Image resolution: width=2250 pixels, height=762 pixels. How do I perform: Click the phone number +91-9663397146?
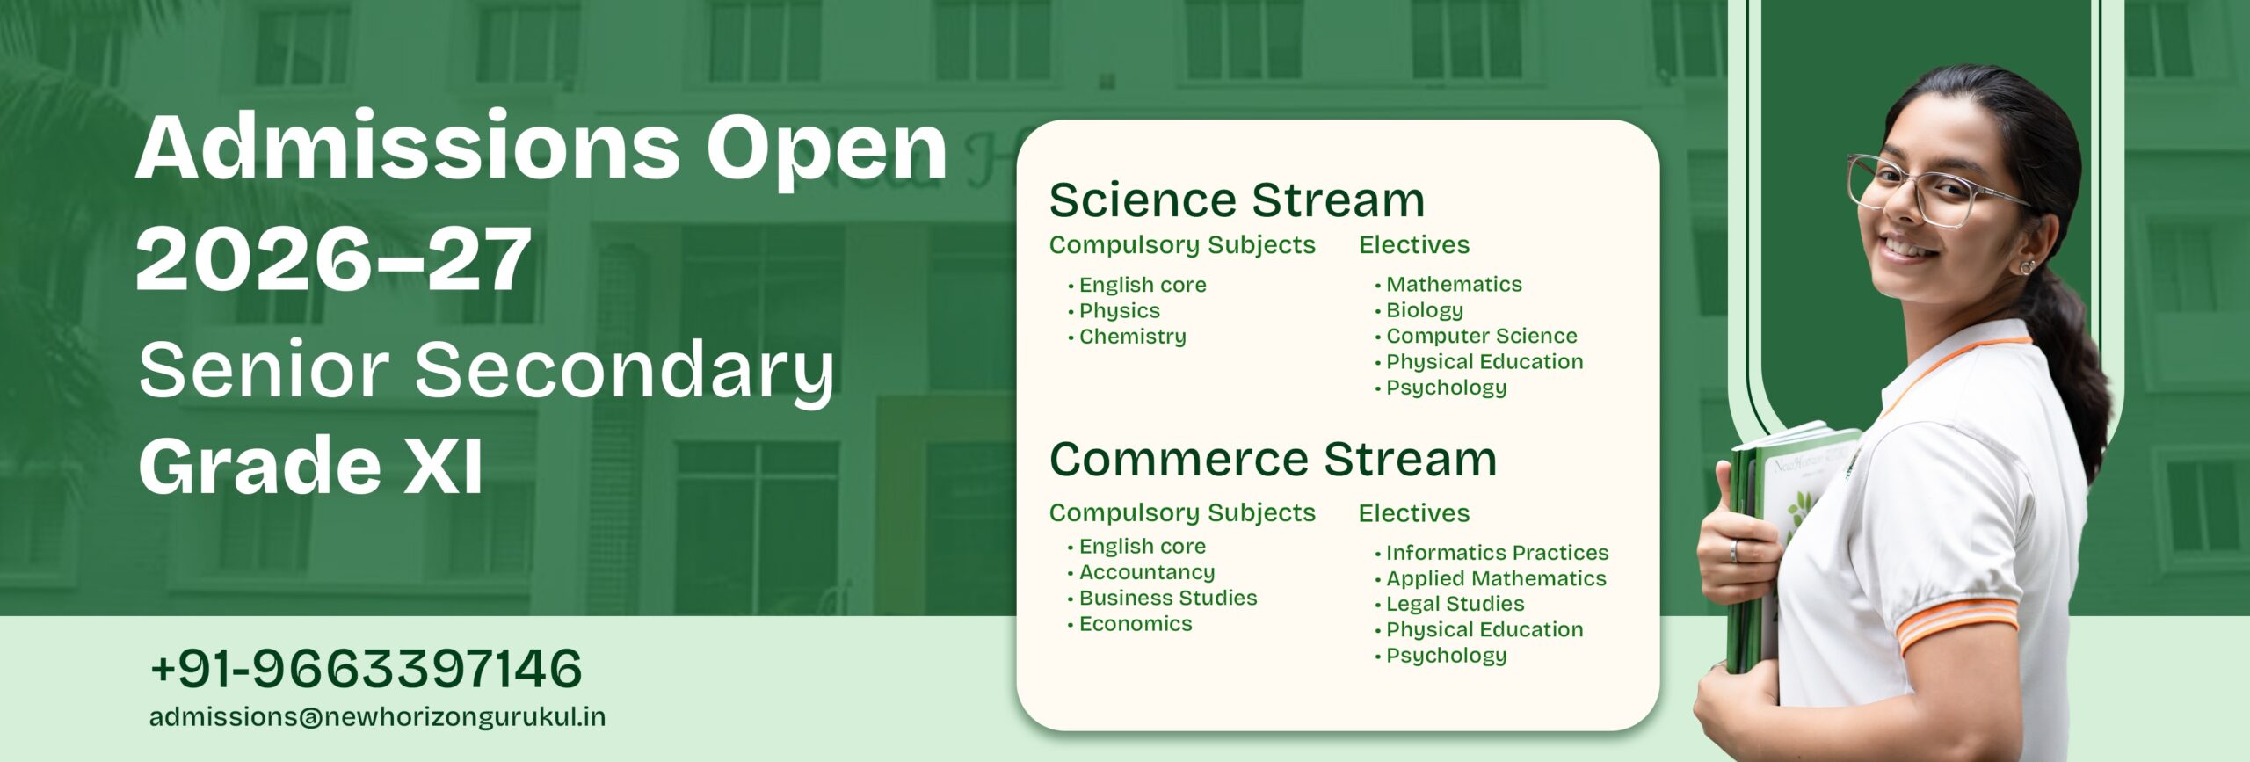tap(366, 668)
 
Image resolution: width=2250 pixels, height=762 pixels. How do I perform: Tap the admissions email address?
tap(377, 716)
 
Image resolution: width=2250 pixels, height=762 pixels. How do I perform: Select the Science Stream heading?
tap(1237, 200)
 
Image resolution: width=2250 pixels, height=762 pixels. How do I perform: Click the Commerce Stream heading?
tap(1273, 459)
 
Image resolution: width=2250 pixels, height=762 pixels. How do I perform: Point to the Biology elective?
tap(1424, 310)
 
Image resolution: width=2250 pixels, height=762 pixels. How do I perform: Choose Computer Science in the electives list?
tap(1481, 336)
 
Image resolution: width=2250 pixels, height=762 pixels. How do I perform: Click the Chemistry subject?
tap(1132, 337)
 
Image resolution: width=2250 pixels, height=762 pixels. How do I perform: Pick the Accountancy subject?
tap(1147, 572)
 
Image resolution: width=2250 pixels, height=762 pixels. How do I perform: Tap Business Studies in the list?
tap(1168, 598)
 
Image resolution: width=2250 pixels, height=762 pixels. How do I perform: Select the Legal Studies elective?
tap(1455, 604)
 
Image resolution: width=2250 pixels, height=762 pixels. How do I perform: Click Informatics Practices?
tap(1497, 553)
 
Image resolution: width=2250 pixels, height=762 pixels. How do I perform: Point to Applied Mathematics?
tap(1496, 578)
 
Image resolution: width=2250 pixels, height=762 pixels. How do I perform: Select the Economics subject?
tap(1136, 624)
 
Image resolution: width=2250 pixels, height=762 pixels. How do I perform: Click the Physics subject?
tap(1119, 311)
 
